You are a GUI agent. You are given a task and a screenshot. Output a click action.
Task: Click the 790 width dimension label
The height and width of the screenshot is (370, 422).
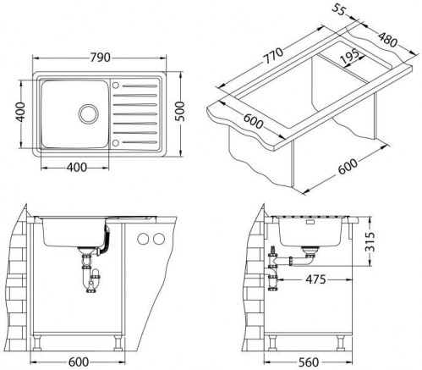click(100, 58)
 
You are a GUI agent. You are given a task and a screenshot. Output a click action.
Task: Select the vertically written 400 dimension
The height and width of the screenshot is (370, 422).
click(20, 113)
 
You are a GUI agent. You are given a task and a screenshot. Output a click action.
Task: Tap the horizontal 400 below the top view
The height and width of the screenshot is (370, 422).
click(77, 168)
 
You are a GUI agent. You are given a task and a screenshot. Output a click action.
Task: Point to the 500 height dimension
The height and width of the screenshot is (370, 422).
click(180, 111)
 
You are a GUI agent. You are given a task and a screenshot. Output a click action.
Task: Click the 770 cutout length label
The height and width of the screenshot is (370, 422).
click(273, 56)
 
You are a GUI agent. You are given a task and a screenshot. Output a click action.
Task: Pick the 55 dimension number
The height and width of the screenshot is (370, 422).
click(338, 9)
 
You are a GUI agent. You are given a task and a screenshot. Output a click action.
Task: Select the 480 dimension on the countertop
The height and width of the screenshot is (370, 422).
click(387, 40)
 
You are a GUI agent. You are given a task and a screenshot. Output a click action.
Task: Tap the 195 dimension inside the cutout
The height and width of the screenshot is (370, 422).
click(350, 57)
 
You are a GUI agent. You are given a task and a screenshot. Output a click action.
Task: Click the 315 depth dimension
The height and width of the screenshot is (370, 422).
click(370, 241)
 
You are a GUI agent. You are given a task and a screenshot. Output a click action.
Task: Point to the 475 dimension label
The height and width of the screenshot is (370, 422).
click(315, 279)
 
